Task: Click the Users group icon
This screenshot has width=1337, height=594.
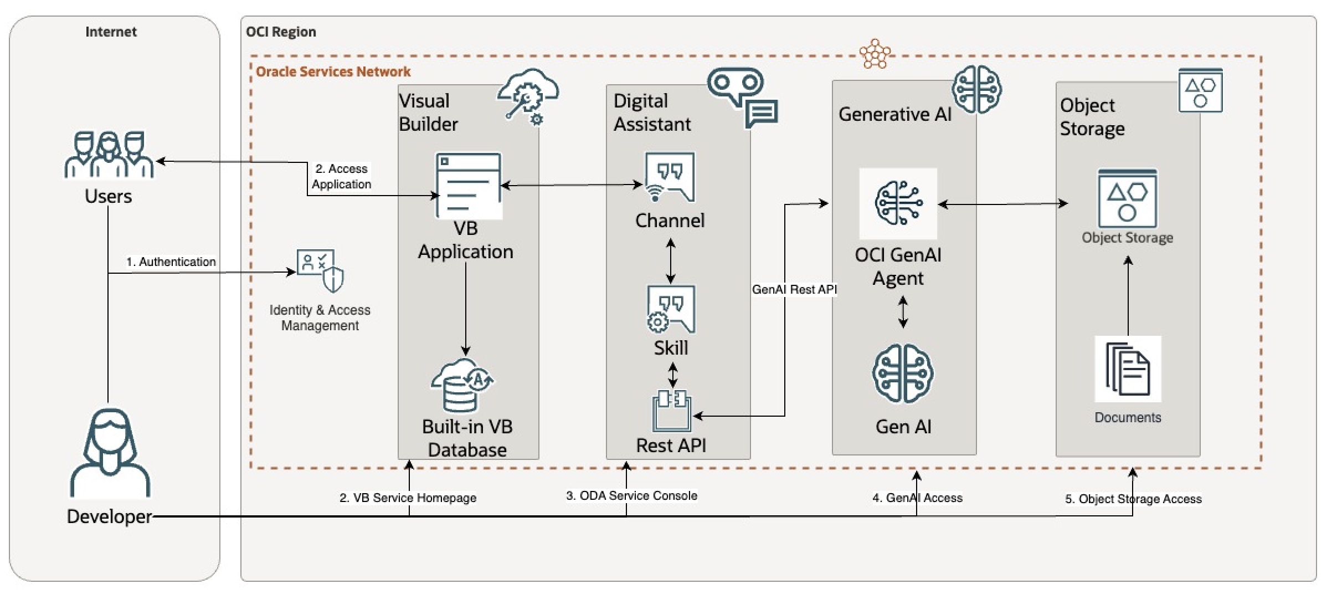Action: click(x=109, y=155)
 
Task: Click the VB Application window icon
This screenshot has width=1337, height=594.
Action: click(x=469, y=186)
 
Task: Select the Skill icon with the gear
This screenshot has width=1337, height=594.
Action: click(x=671, y=309)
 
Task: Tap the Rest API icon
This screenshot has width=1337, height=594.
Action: click(x=672, y=411)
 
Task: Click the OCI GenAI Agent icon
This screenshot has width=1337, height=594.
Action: click(x=898, y=203)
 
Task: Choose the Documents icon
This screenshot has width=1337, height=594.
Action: click(x=1127, y=368)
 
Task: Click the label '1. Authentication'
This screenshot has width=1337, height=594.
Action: click(x=171, y=262)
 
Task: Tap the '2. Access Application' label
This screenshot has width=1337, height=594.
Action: click(x=341, y=176)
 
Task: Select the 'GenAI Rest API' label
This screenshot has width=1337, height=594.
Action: click(x=794, y=289)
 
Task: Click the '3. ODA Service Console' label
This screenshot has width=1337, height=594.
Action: click(x=631, y=495)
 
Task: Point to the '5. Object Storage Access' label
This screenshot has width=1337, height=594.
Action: click(x=1133, y=499)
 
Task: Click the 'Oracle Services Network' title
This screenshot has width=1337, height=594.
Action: click(x=333, y=71)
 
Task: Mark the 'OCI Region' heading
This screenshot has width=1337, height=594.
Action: click(x=281, y=32)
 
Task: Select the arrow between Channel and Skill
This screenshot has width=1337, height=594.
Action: click(x=671, y=261)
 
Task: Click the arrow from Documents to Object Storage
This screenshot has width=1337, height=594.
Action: click(x=1128, y=296)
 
